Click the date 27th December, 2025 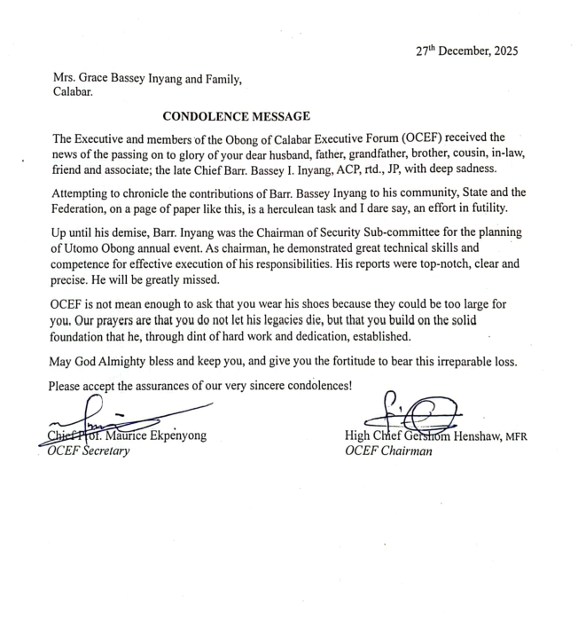pyautogui.click(x=467, y=51)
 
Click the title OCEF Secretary pyautogui.click(x=89, y=451)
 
